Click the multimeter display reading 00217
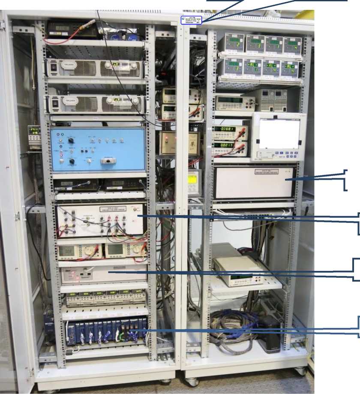tap(223, 146)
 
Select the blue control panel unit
tap(99, 150)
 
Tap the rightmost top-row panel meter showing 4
tap(293, 44)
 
